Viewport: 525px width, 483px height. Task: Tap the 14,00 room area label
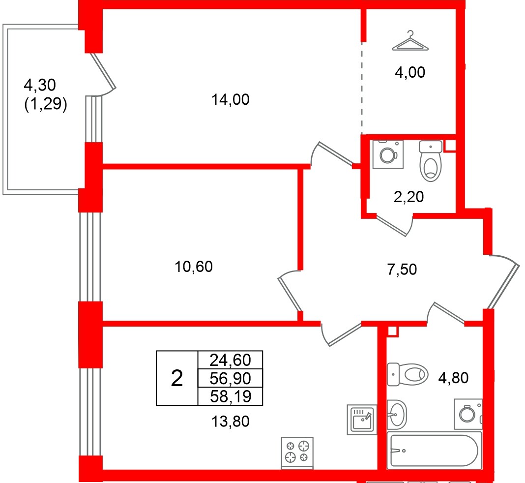(230, 100)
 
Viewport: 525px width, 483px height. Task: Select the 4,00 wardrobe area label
(409, 73)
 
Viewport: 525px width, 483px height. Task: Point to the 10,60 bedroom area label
(194, 267)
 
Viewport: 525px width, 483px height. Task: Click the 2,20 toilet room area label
(408, 197)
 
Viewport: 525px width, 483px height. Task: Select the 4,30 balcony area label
(40, 86)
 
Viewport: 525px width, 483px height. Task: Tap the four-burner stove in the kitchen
(297, 452)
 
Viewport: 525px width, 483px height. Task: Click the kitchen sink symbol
(361, 419)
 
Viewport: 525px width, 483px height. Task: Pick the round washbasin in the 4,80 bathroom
(397, 414)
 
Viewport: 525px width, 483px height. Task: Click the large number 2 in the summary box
(176, 378)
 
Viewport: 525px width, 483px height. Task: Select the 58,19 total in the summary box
(230, 396)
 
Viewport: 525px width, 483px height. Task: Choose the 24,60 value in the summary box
(230, 361)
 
